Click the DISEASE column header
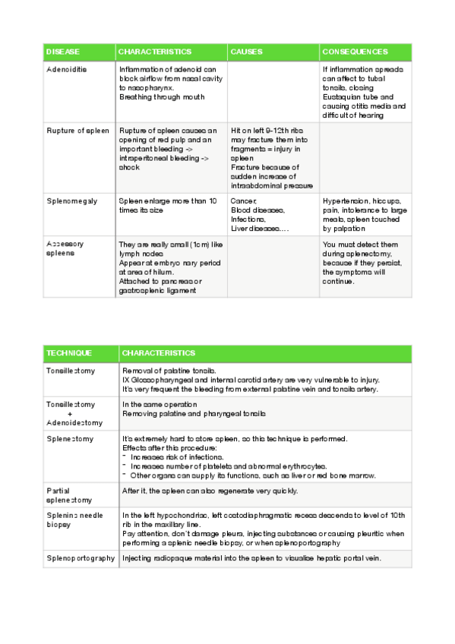coord(63,52)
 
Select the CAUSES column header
coord(247,52)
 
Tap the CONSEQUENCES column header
coord(355,52)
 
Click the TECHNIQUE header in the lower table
coord(69,353)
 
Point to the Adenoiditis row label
coord(67,69)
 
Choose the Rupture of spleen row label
coord(77,131)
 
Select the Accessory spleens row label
coord(65,248)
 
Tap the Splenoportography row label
coord(81,558)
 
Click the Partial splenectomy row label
coord(69,495)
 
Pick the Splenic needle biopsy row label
coord(74,520)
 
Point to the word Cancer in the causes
coord(243,200)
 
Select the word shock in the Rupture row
coord(129,167)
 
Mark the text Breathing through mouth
coord(162,96)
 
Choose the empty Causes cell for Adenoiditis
coord(273,91)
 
